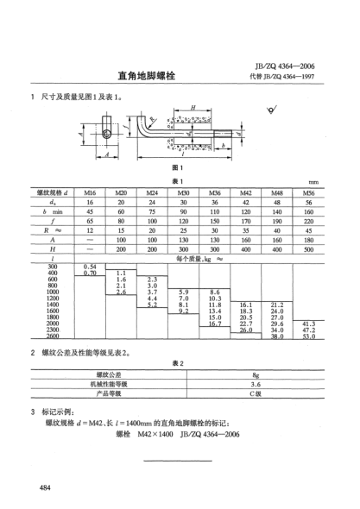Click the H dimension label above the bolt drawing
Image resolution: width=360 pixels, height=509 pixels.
click(193, 108)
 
